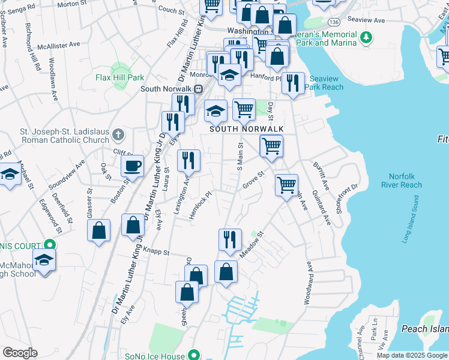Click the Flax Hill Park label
(x=120, y=77)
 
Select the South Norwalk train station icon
(x=199, y=89)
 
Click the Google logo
(x=20, y=353)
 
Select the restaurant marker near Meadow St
(x=230, y=239)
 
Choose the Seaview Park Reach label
(x=326, y=83)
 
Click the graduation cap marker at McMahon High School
(x=44, y=260)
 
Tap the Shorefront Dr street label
(x=347, y=193)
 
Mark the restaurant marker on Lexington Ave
(x=189, y=160)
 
